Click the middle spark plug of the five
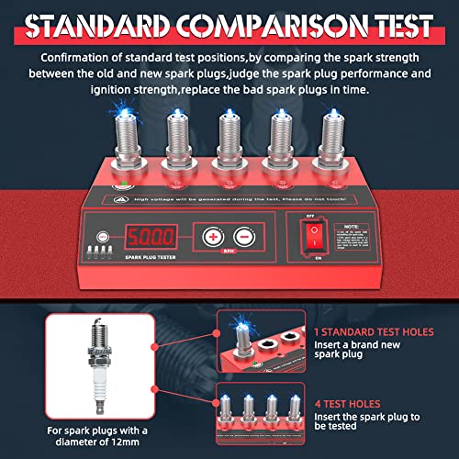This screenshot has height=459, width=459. coord(229,141)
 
